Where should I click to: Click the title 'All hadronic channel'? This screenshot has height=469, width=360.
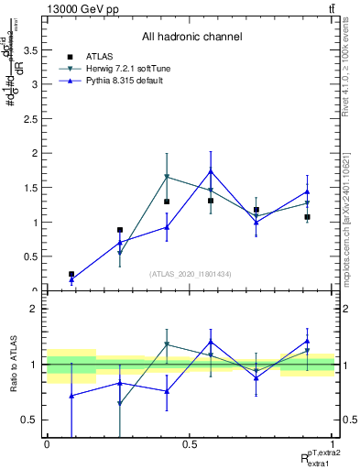pos(191,37)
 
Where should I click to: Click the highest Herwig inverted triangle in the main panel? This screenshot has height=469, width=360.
pos(167,176)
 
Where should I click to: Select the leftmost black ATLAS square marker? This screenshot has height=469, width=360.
pos(71,274)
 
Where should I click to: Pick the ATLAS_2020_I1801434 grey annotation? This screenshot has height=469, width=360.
pos(189,274)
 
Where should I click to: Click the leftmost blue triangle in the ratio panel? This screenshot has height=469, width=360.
pos(71,395)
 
